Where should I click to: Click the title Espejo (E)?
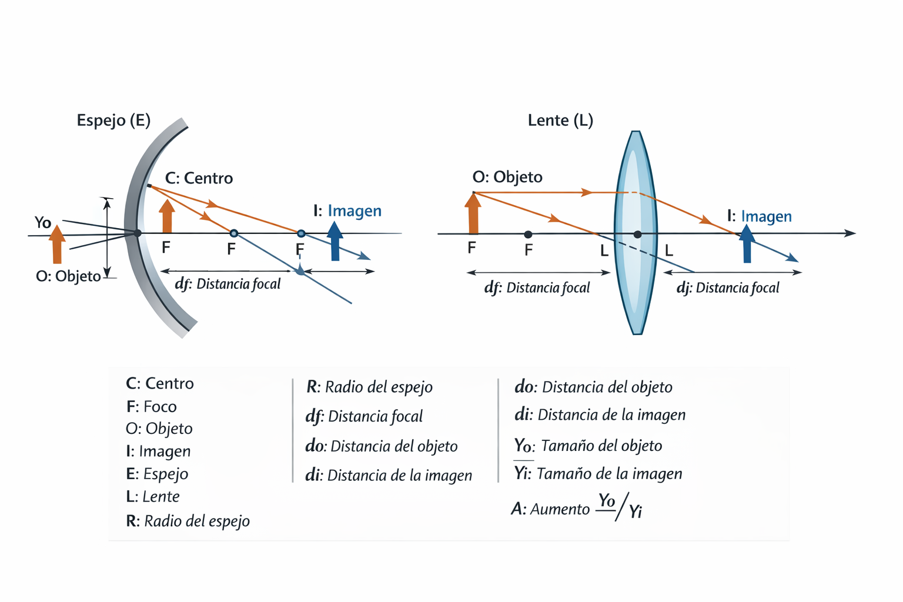tap(113, 121)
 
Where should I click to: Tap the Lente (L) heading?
tap(560, 121)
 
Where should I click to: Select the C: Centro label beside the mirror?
tap(199, 178)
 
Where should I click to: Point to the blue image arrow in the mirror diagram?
tap(335, 241)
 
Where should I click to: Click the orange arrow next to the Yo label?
tap(57, 244)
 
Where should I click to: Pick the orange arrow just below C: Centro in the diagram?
tap(167, 216)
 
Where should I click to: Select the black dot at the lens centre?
tap(637, 235)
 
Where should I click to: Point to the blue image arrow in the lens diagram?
tap(747, 244)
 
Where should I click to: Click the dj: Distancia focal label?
tap(728, 288)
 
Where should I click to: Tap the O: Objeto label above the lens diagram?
tap(507, 177)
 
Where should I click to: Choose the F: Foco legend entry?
tap(152, 407)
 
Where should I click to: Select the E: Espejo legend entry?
tap(158, 474)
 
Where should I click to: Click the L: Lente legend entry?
tap(153, 497)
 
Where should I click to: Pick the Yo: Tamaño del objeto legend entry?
tap(588, 446)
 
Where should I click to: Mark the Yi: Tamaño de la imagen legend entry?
tap(598, 474)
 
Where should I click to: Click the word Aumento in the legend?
tap(560, 509)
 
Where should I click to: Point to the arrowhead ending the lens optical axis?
tap(850, 233)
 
